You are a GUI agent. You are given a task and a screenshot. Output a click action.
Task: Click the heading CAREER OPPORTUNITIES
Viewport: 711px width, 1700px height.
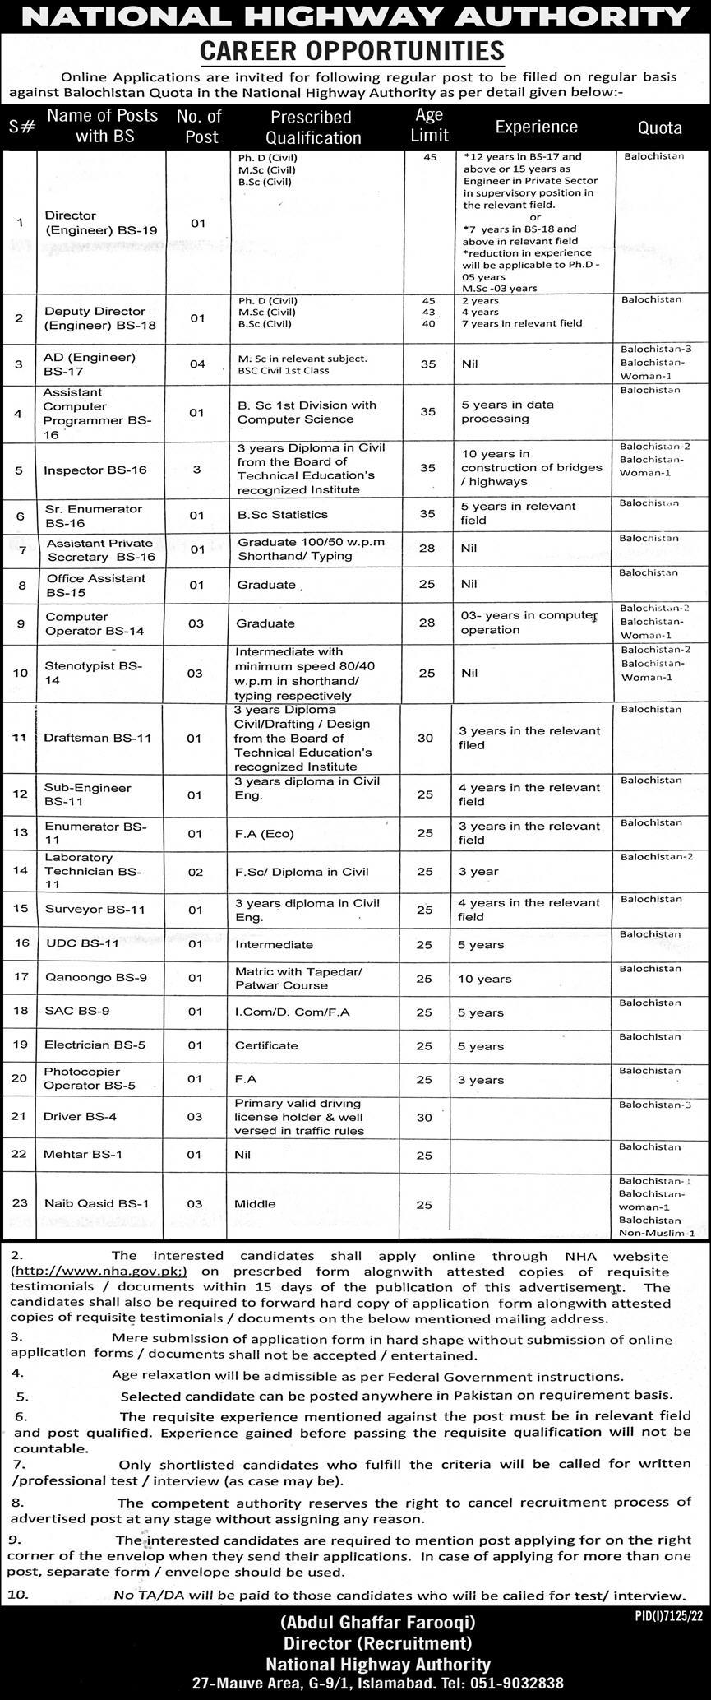[x=353, y=51]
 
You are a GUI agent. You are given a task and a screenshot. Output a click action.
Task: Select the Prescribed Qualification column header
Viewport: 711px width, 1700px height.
[x=312, y=127]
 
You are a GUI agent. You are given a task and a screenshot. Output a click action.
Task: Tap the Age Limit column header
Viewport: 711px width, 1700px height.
[x=429, y=125]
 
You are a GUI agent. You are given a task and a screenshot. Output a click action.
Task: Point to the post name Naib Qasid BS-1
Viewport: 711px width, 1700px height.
[x=97, y=1203]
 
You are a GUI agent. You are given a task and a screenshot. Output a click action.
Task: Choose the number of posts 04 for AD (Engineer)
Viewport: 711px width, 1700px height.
[x=197, y=364]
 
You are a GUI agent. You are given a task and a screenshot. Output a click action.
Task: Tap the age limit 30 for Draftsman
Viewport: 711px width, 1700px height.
[x=425, y=738]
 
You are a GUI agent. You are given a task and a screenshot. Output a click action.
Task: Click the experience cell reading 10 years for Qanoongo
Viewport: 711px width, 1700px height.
[x=484, y=979]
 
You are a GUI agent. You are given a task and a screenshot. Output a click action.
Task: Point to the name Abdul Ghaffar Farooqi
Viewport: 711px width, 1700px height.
[x=378, y=1623]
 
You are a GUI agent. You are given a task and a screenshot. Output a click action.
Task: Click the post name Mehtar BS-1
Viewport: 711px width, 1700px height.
[x=83, y=1154]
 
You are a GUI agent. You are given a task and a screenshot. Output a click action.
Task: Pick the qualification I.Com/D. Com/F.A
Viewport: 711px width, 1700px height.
[x=293, y=1012]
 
